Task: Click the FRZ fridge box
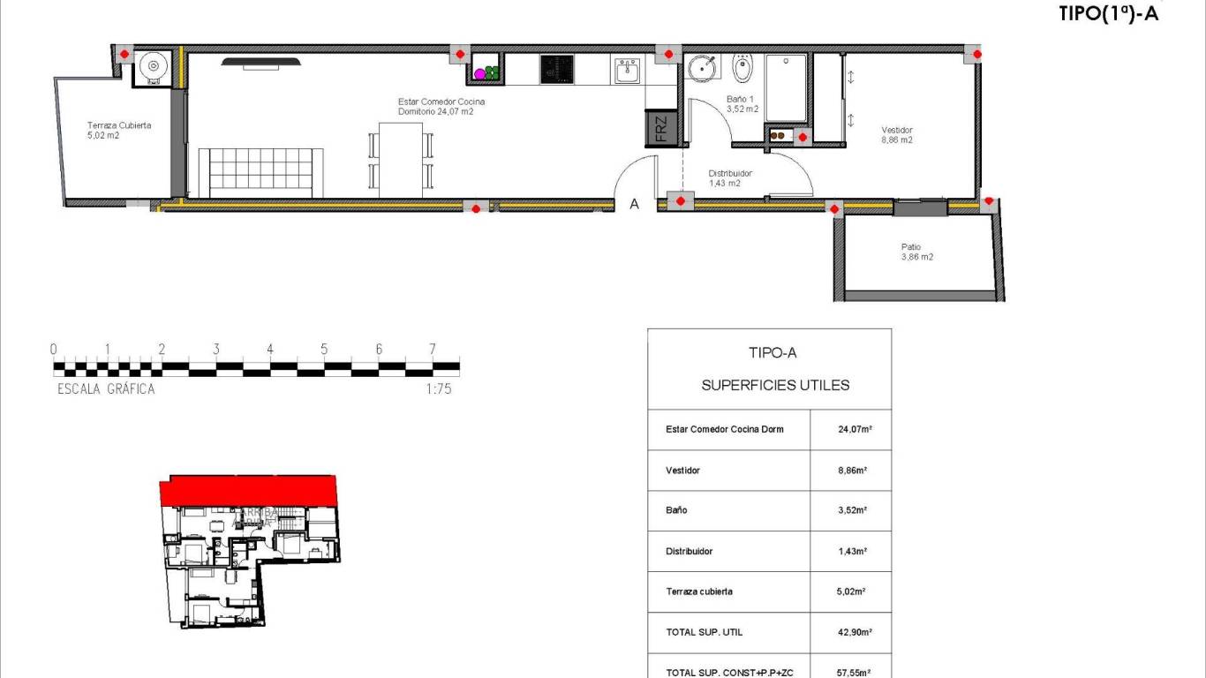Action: coord(661,128)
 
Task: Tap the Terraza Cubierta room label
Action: coord(118,131)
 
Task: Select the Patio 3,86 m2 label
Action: coord(916,252)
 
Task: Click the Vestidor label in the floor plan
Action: coord(896,135)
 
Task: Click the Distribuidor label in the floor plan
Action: coord(730,178)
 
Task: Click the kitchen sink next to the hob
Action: coord(628,71)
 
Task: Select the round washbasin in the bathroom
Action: coord(703,68)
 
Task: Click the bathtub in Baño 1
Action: coord(785,87)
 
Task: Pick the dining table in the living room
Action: coord(401,160)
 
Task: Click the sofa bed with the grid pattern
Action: coord(260,173)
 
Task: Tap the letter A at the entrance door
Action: coord(634,205)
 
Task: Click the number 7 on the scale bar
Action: coord(433,350)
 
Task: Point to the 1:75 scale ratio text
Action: coord(438,388)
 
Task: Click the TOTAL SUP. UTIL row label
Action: coord(704,633)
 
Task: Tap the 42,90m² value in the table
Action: coord(855,633)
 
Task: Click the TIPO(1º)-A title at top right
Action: coord(1107,13)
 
